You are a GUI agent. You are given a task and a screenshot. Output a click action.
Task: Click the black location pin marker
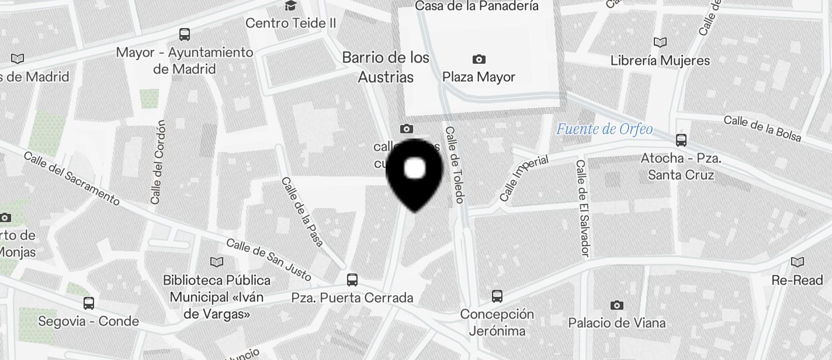pos(415,172)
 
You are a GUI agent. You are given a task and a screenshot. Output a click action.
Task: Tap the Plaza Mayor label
pos(479,77)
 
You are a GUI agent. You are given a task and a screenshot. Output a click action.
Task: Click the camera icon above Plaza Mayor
pos(479,59)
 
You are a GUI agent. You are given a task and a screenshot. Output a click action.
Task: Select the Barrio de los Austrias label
pos(386,67)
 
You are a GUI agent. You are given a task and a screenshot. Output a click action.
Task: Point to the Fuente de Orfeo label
pos(604,129)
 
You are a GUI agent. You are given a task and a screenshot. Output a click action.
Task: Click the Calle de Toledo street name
pos(455,165)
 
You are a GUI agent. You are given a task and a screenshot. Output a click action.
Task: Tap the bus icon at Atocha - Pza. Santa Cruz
pos(681,140)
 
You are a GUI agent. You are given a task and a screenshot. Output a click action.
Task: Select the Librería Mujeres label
pos(660,61)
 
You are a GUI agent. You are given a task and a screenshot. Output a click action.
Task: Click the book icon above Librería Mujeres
pos(660,43)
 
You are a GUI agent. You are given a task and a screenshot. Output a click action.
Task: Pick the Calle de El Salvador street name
pos(583,208)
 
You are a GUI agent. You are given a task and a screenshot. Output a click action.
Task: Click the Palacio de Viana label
pos(616,323)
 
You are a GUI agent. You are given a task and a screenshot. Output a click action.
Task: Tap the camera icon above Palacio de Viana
pos(616,305)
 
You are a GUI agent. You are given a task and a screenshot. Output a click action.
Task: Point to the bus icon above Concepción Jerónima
pos(497,296)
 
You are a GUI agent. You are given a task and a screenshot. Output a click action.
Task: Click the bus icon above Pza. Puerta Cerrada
pos(352,280)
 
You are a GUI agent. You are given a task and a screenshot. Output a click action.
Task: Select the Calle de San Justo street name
pos(268,259)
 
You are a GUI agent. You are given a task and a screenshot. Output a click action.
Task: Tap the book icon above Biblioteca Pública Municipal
pos(217,262)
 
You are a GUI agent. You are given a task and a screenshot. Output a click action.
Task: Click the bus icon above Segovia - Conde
pos(89,303)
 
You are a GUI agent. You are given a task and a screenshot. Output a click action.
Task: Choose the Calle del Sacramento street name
pos(72,178)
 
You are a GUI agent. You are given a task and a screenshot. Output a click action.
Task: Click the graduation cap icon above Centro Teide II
pos(290,6)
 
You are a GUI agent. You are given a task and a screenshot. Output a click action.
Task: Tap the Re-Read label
pos(797,281)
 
